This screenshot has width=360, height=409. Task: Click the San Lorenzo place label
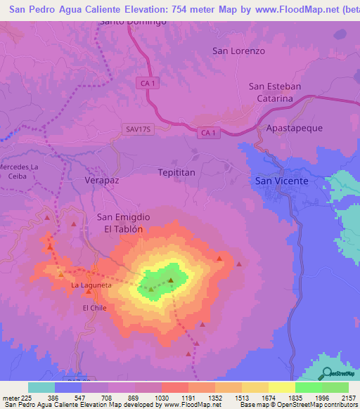pyautogui.click(x=239, y=51)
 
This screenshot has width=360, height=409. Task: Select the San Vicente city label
pyautogui.click(x=281, y=181)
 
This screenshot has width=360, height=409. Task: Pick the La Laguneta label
pyautogui.click(x=91, y=285)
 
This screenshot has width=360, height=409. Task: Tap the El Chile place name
pyautogui.click(x=94, y=308)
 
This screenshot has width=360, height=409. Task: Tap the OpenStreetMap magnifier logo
pyautogui.click(x=326, y=373)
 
